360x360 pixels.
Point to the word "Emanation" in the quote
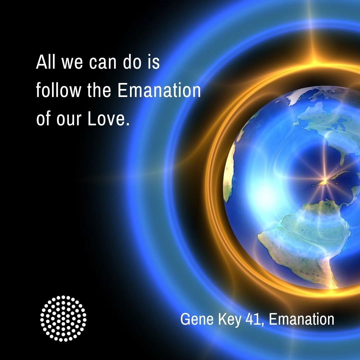159,91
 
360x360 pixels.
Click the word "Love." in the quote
108,119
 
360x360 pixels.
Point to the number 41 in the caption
255,319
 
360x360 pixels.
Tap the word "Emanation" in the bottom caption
301,319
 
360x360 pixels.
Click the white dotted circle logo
63,318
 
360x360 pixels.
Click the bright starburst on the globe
323,182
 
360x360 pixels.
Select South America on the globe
300,240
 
